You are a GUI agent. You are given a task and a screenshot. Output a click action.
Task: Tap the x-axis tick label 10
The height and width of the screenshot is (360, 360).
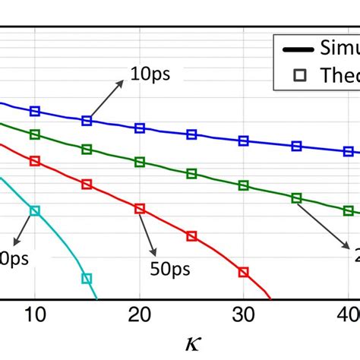(x=34, y=314)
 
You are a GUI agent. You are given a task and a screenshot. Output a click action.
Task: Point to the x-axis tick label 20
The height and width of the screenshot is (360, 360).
(x=139, y=314)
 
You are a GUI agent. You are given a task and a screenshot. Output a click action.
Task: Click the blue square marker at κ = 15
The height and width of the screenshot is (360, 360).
(x=87, y=120)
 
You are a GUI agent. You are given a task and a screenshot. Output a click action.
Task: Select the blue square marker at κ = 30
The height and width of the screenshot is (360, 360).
(x=244, y=141)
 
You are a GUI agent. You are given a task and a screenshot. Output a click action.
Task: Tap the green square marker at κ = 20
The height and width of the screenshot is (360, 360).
(x=139, y=162)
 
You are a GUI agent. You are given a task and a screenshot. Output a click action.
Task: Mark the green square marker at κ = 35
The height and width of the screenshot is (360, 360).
(x=296, y=197)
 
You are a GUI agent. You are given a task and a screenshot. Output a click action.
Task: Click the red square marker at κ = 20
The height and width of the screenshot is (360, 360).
(x=139, y=208)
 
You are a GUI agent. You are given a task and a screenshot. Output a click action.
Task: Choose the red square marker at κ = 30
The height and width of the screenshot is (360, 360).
(x=244, y=271)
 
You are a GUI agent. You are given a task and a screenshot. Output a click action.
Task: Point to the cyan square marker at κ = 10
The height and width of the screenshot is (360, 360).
(x=34, y=210)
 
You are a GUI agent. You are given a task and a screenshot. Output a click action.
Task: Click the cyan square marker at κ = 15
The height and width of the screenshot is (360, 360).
(x=87, y=279)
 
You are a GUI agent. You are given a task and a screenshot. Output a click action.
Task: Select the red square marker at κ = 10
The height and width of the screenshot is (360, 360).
(x=34, y=161)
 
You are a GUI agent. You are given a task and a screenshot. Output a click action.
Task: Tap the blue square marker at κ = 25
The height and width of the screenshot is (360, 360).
(x=191, y=135)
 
